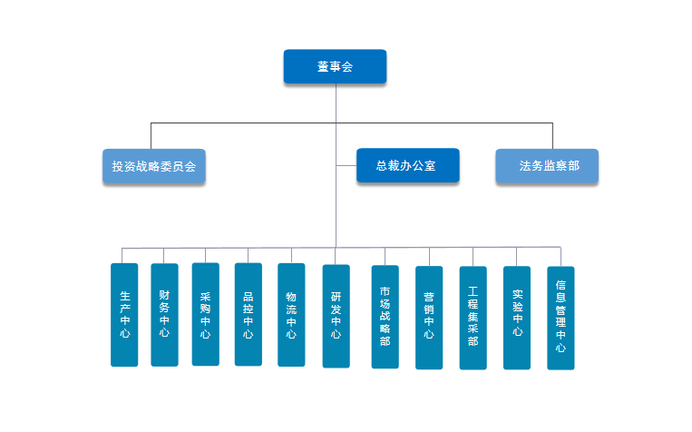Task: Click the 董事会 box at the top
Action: [335, 66]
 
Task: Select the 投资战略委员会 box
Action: [153, 166]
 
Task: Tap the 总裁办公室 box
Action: [407, 166]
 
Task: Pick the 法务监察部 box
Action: [547, 166]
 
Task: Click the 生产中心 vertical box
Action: [124, 315]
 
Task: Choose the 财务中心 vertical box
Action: [164, 314]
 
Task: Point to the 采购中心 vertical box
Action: [206, 314]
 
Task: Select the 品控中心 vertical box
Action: [248, 314]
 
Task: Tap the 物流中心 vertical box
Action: [291, 315]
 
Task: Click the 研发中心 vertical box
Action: [336, 316]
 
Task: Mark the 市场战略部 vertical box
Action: [385, 316]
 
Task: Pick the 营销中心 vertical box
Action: [429, 317]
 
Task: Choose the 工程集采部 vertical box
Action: [473, 317]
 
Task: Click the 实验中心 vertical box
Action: [517, 317]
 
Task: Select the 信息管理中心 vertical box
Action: [560, 317]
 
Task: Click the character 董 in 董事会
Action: [323, 66]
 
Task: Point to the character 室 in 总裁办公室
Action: [431, 166]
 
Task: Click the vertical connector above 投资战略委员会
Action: [151, 135]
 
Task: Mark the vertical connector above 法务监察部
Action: [548, 135]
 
